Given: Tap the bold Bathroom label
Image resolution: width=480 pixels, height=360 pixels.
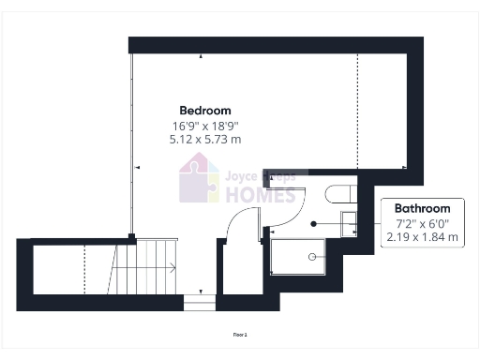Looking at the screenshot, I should coord(422,208).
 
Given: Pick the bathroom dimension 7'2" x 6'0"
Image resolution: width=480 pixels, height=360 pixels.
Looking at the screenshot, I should coord(423,223).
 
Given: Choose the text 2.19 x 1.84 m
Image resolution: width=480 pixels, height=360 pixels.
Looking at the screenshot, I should coord(423,237).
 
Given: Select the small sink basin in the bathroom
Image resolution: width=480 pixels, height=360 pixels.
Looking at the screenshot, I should coord(347,223).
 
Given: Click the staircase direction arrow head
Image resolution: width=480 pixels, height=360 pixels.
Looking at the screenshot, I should coord(173,268).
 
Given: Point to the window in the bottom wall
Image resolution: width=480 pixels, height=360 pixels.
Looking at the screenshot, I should coord(199,303).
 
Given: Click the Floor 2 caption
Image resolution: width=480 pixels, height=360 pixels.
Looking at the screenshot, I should coord(240,333).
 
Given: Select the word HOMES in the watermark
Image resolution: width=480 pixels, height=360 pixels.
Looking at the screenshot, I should coord(260,195).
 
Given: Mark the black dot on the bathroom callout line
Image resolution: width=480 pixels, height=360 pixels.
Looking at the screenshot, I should coord(314,223).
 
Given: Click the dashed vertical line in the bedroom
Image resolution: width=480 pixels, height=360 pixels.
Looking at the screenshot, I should coord(357,112).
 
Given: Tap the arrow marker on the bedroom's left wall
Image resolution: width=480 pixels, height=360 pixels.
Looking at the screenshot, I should coord(137,167).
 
